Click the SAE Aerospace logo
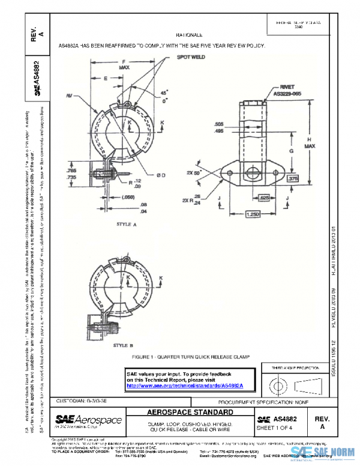(x=88, y=420)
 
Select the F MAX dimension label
(x=124, y=65)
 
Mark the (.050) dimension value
(x=127, y=197)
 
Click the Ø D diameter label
(x=160, y=175)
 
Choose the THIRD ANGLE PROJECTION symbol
(x=293, y=383)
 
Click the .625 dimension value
(x=263, y=196)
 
